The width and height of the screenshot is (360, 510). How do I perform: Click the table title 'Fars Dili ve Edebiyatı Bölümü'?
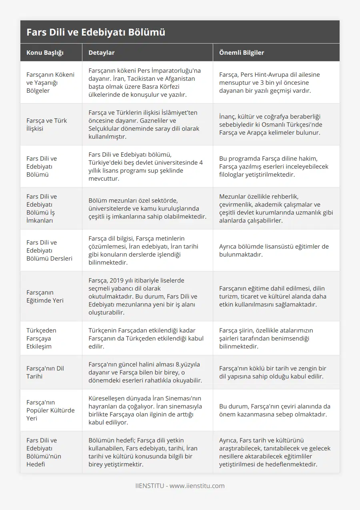(x=96, y=32)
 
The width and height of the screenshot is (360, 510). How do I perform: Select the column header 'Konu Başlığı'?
(x=45, y=53)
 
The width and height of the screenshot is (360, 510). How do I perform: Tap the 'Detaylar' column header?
(x=102, y=53)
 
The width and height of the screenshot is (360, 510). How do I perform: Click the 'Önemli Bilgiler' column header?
(x=242, y=53)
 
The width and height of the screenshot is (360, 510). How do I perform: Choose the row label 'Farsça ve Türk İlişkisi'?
(x=46, y=124)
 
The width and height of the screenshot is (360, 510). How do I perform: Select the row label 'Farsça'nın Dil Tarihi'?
(x=45, y=372)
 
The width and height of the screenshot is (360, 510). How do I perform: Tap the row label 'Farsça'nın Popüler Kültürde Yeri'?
(x=50, y=410)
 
